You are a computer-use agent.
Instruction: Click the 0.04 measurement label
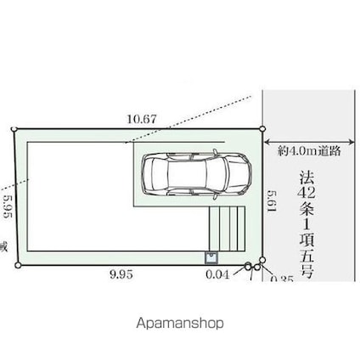coord(217,274)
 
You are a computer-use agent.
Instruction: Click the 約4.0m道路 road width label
coord(309,150)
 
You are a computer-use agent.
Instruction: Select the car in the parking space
coord(194,173)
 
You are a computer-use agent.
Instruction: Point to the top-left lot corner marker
coord(14,130)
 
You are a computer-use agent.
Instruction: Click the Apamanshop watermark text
coord(180,324)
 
